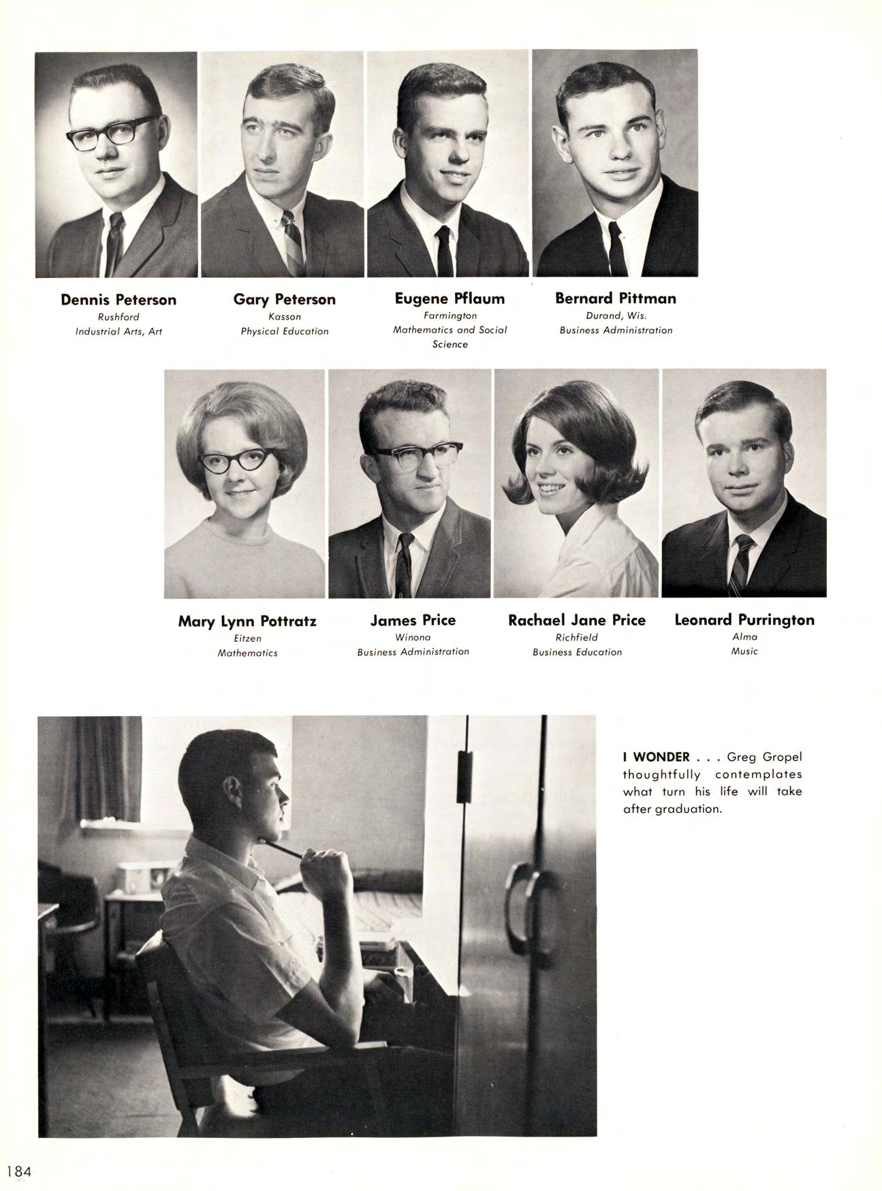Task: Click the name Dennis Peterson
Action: tap(119, 300)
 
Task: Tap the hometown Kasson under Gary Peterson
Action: tap(285, 317)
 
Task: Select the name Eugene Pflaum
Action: tap(450, 298)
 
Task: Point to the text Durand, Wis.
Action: tap(616, 316)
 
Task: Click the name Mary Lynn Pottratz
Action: tap(247, 621)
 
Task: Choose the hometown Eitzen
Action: tap(247, 639)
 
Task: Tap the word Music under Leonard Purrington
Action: tap(744, 651)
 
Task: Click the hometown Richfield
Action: tap(576, 638)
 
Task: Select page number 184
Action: tap(19, 1171)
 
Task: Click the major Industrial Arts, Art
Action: tap(119, 332)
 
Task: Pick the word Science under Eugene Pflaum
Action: tap(450, 345)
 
